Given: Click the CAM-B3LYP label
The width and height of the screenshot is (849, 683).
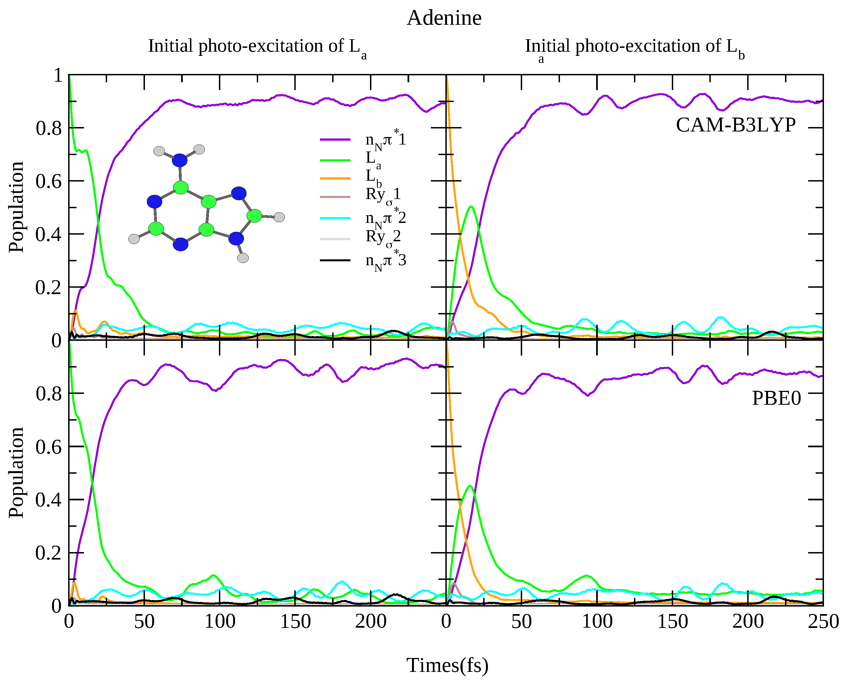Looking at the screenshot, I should coord(736,125).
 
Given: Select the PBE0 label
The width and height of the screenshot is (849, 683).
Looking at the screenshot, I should coord(776,398).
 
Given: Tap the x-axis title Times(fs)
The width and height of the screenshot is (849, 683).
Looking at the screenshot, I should coord(447,665).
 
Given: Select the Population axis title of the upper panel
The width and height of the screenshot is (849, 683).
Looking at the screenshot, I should coord(16,207).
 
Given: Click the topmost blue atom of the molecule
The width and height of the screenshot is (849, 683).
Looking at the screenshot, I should coord(180,160).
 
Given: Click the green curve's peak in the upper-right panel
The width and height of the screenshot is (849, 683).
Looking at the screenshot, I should coord(471,207).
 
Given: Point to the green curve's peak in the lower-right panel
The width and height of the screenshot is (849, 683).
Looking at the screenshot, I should coord(470,486).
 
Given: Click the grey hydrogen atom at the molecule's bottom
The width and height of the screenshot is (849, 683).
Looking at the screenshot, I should coord(243,258).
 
